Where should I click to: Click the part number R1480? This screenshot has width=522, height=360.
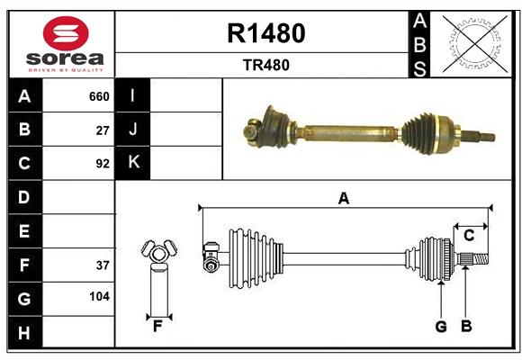tap(266, 33)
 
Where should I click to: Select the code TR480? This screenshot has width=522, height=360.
tap(266, 65)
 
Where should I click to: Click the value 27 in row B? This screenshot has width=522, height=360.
tap(103, 130)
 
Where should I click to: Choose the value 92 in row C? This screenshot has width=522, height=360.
tap(103, 164)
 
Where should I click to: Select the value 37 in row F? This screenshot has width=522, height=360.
tap(103, 265)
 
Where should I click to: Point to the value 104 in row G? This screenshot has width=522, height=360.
tap(99, 296)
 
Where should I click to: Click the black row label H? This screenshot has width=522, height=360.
tap(24, 333)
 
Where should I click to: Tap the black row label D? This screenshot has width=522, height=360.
tap(24, 197)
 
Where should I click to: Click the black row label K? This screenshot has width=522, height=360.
tap(133, 163)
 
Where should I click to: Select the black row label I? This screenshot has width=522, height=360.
tap(133, 95)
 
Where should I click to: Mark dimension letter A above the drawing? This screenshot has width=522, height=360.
tap(343, 198)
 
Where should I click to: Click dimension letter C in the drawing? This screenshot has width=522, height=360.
tap(469, 235)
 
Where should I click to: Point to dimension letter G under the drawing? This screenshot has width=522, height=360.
tap(441, 327)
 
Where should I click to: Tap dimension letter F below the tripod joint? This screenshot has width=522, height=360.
tap(157, 326)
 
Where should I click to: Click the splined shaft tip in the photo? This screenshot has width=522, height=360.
tap(481, 137)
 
